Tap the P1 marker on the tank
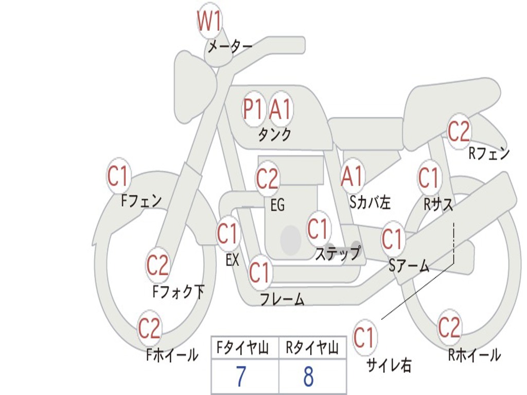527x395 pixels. click(253, 109)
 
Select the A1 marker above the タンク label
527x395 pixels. click(280, 109)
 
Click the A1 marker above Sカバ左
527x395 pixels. click(353, 176)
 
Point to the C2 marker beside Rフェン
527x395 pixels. click(459, 132)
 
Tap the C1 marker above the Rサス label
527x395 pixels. click(428, 178)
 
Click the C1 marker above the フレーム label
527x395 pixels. click(259, 272)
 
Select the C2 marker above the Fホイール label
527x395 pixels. click(150, 329)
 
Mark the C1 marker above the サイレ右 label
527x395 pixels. click(364, 338)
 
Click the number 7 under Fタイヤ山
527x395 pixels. click(241, 377)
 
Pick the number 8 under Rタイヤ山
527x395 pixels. click(308, 377)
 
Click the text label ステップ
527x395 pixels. click(337, 254)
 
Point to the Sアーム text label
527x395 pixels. click(409, 266)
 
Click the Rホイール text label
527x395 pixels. click(474, 355)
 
